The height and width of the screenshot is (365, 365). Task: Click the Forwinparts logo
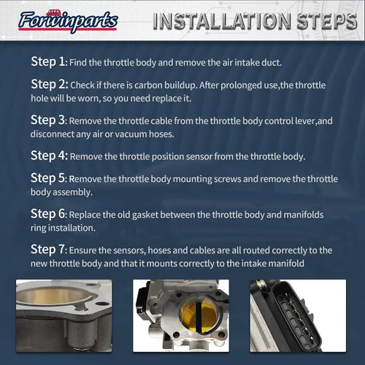click(x=68, y=21)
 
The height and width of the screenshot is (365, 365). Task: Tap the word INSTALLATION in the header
click(x=222, y=21)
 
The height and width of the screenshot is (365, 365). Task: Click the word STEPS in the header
click(x=327, y=21)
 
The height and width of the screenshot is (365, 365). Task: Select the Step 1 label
click(x=48, y=61)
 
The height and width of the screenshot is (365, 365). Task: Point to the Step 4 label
click(x=49, y=155)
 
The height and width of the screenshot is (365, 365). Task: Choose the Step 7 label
click(x=48, y=250)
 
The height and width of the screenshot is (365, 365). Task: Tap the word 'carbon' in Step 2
click(x=148, y=85)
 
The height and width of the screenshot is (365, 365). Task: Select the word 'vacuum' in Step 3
click(x=131, y=134)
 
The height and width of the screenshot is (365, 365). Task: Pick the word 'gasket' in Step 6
click(x=145, y=215)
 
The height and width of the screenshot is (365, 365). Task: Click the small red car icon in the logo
click(x=53, y=13)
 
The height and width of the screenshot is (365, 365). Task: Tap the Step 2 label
click(x=50, y=84)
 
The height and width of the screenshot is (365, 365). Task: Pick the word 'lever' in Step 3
click(x=305, y=121)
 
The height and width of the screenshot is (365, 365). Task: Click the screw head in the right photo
click(x=262, y=283)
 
